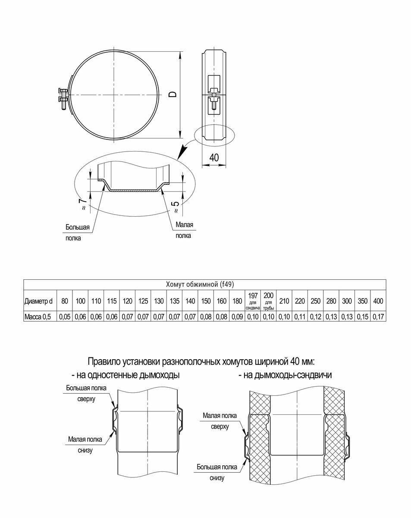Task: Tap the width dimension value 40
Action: (213, 158)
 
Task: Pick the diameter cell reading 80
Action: (64, 301)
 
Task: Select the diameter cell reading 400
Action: (378, 301)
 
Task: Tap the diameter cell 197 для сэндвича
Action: (253, 301)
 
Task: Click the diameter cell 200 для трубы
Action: (268, 301)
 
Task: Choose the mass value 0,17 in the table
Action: (378, 317)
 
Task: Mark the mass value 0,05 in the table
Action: (64, 317)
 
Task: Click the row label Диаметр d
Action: (38, 301)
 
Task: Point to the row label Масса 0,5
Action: (38, 317)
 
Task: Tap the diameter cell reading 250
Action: (315, 301)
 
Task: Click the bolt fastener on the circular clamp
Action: (63, 95)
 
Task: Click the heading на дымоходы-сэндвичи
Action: (285, 375)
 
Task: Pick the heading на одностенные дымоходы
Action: (125, 375)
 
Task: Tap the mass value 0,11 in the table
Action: (299, 317)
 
